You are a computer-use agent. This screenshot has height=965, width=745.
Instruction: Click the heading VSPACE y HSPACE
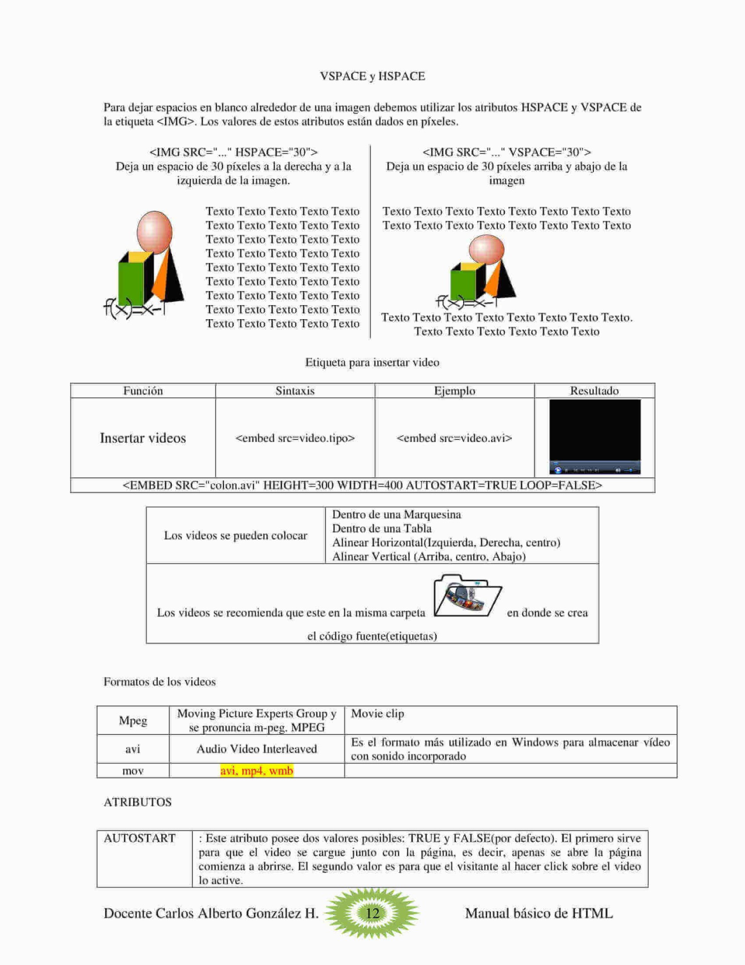pos(372,76)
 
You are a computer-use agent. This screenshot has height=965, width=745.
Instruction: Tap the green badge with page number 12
pos(372,913)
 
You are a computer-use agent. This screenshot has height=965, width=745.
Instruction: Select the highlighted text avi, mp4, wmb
pos(256,770)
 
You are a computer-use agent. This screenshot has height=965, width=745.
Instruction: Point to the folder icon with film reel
pos(467,596)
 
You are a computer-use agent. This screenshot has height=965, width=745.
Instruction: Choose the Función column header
pos(143,391)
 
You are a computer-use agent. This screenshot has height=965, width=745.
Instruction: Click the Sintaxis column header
pos(295,391)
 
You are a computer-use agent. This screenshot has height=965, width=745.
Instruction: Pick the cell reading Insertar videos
pos(143,438)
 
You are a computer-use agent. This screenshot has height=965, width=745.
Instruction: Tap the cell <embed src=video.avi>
pos(454,438)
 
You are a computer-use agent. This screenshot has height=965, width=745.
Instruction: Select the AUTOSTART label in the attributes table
pos(140,838)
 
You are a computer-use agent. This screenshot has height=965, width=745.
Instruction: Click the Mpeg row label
pos(133,720)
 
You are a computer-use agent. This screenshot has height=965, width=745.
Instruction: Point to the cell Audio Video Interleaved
pos(257,749)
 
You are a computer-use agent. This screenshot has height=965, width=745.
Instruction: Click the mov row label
pos(133,770)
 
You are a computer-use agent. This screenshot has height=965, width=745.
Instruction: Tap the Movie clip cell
pos(377,714)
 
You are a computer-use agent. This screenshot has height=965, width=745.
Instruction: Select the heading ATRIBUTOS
pos(138,802)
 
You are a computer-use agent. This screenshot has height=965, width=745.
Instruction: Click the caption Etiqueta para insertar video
pos(372,362)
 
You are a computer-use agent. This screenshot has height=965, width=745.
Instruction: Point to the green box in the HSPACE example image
pos(131,282)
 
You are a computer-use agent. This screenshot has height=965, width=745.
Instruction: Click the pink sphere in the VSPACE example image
pos(486,249)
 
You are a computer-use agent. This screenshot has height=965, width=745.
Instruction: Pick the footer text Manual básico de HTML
pos(539,913)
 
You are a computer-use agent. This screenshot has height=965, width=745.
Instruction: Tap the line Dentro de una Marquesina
pos(396,514)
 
